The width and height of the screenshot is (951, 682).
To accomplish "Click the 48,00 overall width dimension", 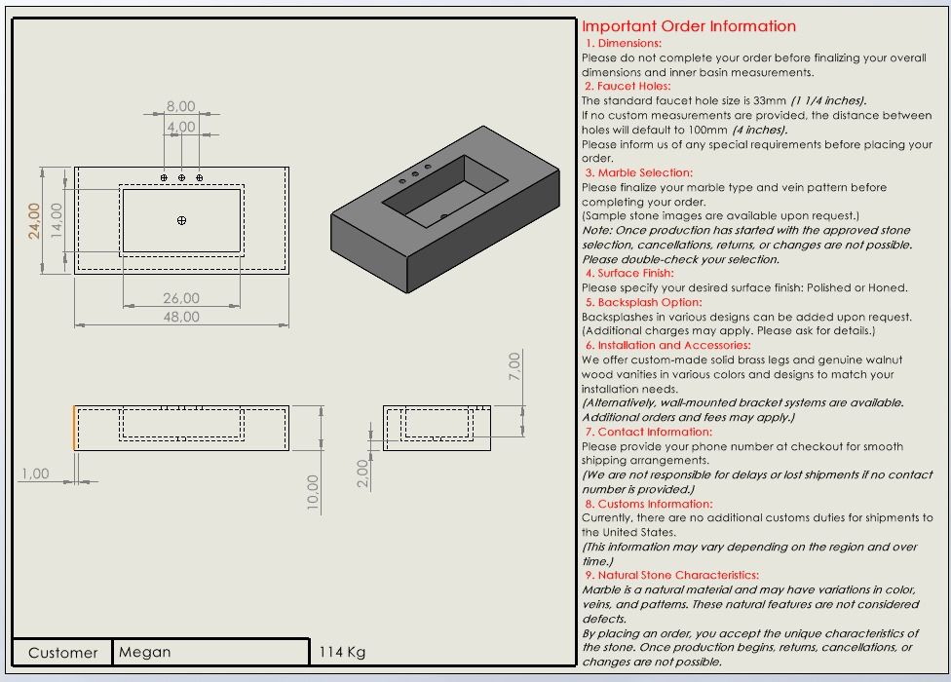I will [181, 317].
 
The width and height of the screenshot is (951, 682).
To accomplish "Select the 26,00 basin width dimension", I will [181, 299].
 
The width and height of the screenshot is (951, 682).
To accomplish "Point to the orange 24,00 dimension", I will [34, 220].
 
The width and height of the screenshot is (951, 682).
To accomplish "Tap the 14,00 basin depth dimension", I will [57, 220].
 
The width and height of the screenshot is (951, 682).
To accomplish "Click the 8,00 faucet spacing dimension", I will [180, 106].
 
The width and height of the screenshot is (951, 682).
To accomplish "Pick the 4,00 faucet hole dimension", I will [181, 127].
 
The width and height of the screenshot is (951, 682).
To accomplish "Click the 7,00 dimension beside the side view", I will [514, 366].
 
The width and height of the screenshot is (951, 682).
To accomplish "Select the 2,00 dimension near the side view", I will [362, 474].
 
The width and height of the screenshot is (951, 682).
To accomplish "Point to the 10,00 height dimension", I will [313, 492].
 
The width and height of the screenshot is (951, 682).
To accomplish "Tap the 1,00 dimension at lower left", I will [34, 474].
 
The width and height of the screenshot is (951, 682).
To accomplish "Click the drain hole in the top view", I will [181, 221].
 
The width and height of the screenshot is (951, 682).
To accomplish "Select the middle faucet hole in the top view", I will [181, 178].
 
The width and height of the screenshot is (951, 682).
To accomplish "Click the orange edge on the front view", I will [74, 429].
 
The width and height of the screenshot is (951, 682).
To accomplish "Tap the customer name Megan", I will [144, 652].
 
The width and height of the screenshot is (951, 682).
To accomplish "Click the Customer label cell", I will [62, 653].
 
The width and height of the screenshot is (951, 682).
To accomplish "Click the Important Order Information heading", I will [689, 26].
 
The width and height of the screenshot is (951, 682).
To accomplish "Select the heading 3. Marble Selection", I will [638, 172].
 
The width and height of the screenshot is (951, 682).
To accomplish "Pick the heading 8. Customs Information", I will [648, 504].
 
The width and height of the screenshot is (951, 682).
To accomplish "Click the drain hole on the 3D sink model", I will [444, 215].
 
